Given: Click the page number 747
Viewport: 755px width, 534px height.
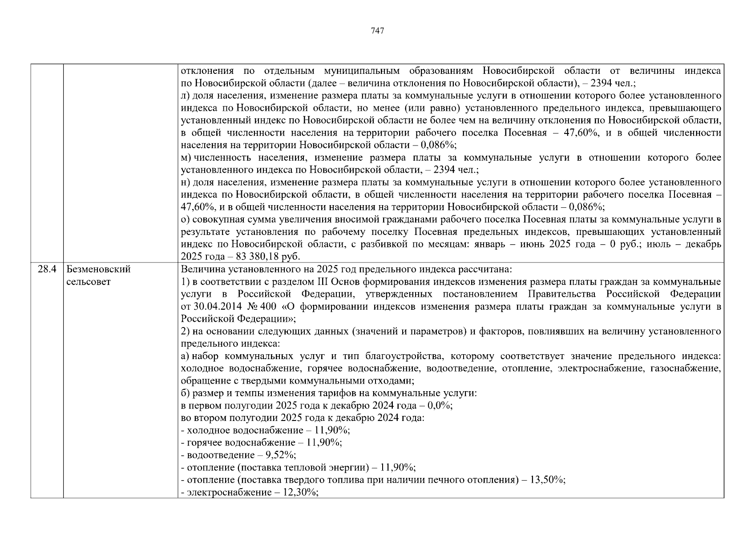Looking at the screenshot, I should click(x=377, y=31).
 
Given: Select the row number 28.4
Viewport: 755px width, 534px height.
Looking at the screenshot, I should click(x=47, y=269).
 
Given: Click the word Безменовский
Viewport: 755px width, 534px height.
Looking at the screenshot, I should click(x=98, y=269).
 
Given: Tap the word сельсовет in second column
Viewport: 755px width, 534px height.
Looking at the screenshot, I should click(x=89, y=282).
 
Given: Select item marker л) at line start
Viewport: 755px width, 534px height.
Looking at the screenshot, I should click(x=185, y=96).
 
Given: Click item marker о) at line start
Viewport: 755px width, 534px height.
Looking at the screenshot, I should click(x=185, y=219).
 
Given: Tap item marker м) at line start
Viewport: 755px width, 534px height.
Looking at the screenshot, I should click(x=186, y=158).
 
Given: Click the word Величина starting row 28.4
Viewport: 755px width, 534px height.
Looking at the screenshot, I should click(x=199, y=269).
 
